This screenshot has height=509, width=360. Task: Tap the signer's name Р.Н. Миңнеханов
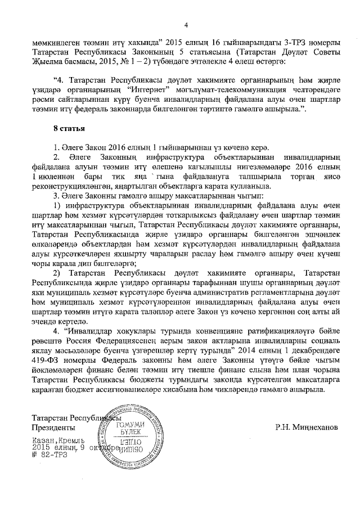click(x=307, y=427)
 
